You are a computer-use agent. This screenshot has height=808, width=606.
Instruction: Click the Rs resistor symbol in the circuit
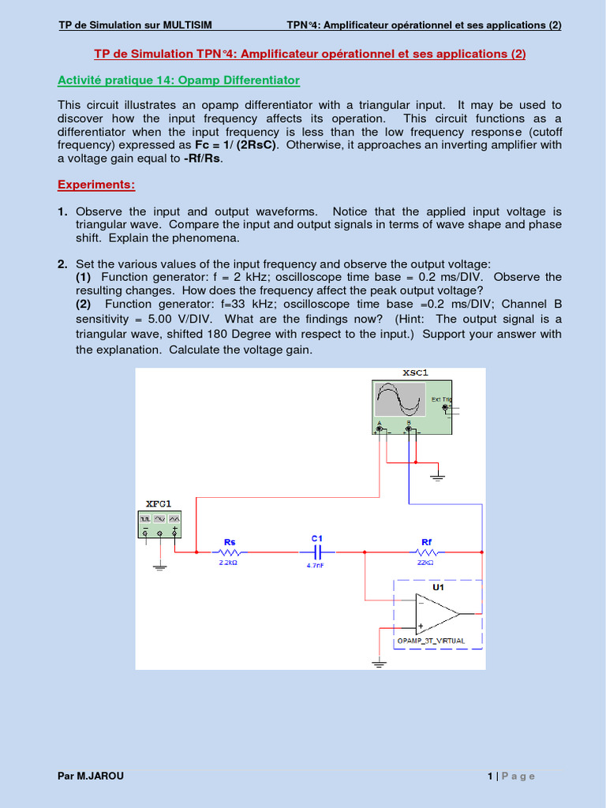click(x=230, y=553)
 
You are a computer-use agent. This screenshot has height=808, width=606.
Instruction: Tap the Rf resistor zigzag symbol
click(x=426, y=553)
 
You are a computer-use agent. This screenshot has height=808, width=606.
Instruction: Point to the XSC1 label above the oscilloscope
click(x=415, y=372)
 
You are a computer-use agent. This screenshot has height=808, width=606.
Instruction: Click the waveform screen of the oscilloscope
click(x=399, y=399)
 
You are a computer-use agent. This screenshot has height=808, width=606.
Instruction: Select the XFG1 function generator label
click(x=159, y=503)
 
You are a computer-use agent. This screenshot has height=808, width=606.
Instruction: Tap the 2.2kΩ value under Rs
click(x=230, y=564)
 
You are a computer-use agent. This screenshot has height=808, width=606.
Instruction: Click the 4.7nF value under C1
click(x=316, y=565)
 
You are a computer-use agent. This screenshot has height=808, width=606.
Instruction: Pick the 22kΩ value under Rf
click(x=425, y=563)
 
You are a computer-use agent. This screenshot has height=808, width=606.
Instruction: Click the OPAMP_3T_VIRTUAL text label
click(x=431, y=641)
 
